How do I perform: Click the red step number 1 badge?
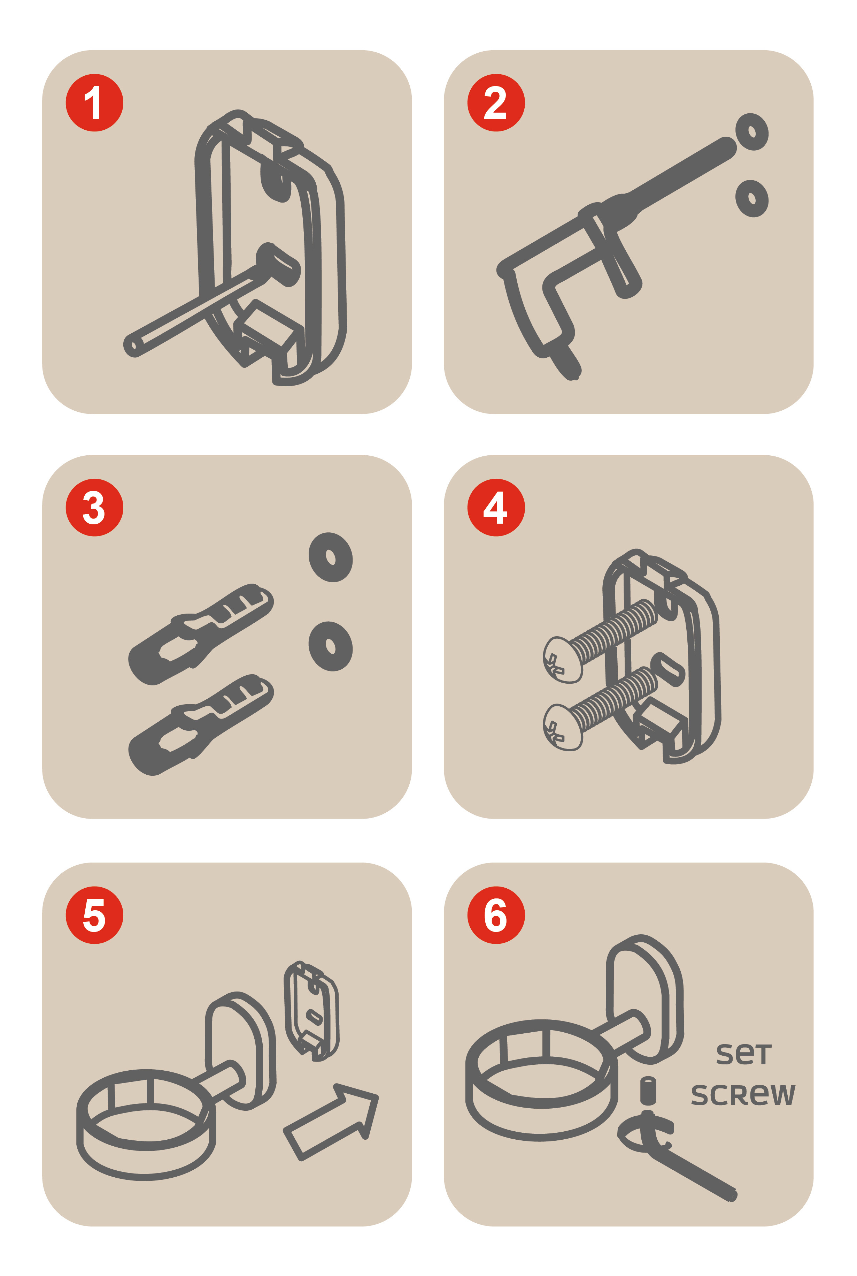[x=94, y=103]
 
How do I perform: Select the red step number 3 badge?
[x=94, y=508]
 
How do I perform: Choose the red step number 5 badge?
[x=94, y=915]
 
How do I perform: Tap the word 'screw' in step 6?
[x=743, y=1094]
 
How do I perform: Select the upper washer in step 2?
[x=752, y=132]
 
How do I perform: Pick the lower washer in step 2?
[x=752, y=198]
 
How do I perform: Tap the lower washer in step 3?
[x=331, y=646]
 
